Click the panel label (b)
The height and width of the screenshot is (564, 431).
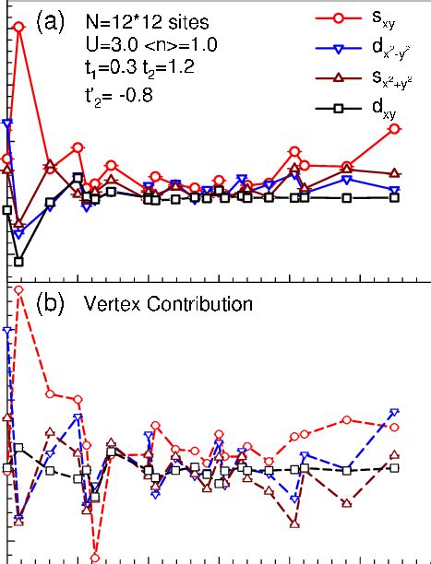tap(50, 301)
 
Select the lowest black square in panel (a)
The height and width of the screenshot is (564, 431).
tap(18, 261)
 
